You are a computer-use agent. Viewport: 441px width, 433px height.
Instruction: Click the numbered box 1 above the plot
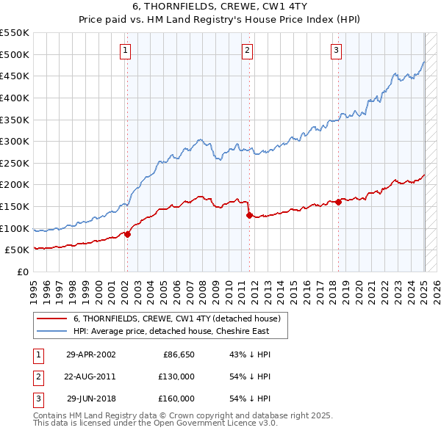pyautogui.click(x=126, y=51)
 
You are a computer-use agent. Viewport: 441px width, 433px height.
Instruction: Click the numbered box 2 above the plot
pyautogui.click(x=247, y=51)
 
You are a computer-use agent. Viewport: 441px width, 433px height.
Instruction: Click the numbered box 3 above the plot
pyautogui.click(x=336, y=51)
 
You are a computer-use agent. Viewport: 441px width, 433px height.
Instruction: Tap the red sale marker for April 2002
pyautogui.click(x=127, y=234)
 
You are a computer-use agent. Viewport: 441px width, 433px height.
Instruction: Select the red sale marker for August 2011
pyautogui.click(x=250, y=215)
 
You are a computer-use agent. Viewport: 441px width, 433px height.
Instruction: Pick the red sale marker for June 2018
pyautogui.click(x=339, y=202)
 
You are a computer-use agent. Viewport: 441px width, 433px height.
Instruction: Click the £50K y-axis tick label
pyautogui.click(x=17, y=250)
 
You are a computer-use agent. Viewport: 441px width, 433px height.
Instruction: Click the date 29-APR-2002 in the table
pyautogui.click(x=90, y=354)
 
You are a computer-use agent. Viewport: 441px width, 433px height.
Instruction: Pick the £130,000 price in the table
pyautogui.click(x=176, y=376)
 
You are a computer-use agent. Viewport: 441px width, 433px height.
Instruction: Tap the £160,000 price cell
pyautogui.click(x=176, y=399)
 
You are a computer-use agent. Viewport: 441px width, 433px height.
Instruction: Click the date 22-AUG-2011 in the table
pyautogui.click(x=90, y=376)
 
